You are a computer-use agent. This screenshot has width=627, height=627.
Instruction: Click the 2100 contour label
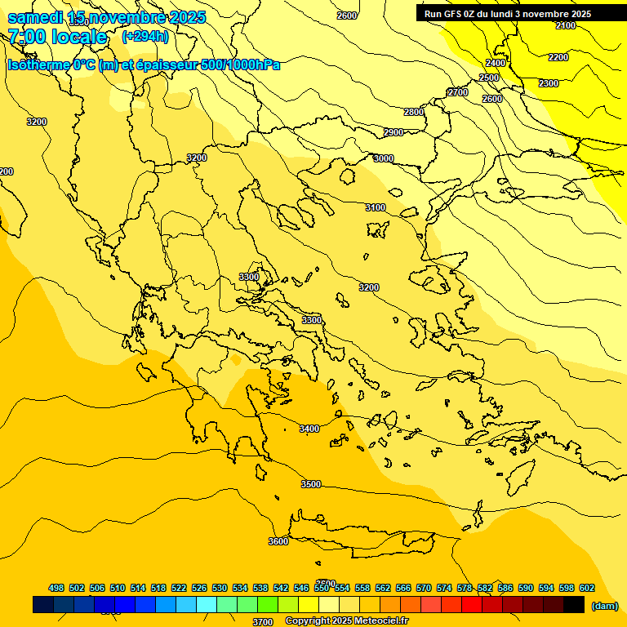coord(566,26)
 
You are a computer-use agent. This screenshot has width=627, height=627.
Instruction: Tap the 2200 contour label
coord(558,58)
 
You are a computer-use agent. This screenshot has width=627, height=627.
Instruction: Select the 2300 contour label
coord(549,84)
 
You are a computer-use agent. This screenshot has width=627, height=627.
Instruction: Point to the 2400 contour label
coord(496,63)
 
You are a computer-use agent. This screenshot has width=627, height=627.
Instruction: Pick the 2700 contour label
coord(458,93)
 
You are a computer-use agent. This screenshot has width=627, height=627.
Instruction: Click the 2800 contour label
coord(414,112)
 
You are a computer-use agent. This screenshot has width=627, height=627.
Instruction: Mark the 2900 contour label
coord(394,133)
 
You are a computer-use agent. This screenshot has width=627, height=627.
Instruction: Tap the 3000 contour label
coord(383,159)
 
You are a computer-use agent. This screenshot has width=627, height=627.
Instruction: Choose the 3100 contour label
coord(375,208)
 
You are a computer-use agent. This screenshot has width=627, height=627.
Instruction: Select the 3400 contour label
coord(309,429)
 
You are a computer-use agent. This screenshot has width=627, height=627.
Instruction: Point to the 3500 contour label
coord(311,485)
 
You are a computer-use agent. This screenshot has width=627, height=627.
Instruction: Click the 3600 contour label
coord(278,541)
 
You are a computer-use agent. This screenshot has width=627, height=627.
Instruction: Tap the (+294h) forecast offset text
coord(145,37)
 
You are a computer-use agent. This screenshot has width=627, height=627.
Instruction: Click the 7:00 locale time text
coord(57,37)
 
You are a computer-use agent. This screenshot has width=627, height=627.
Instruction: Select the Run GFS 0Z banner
coord(508,14)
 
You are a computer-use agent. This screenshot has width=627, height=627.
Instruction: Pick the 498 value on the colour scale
coord(56,588)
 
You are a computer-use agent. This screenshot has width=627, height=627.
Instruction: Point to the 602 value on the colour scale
coord(587,588)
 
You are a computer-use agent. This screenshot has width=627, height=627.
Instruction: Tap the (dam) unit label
coord(605,606)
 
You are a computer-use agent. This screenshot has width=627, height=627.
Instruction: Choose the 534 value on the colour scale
coord(240,588)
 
